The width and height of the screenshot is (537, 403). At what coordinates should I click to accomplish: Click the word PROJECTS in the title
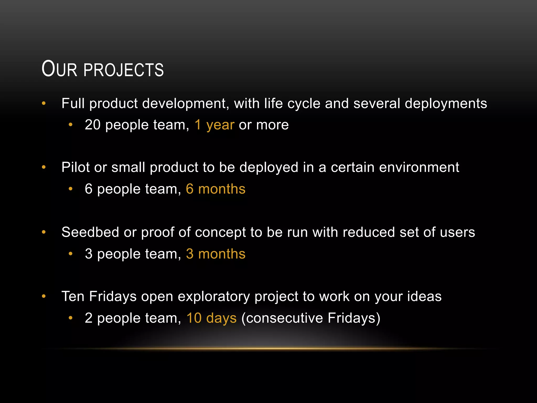(x=123, y=70)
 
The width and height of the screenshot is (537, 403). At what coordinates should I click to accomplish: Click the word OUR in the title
(x=59, y=69)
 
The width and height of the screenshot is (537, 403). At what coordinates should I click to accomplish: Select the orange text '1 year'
(x=214, y=125)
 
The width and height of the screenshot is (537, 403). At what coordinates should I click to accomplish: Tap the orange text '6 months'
(x=216, y=189)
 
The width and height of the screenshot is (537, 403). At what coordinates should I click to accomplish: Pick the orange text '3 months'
(x=216, y=254)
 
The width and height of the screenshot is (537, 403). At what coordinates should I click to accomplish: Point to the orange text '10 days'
(x=211, y=318)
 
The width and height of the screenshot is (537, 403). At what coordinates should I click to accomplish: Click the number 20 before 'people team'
(x=93, y=125)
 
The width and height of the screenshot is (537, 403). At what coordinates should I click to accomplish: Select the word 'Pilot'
(x=76, y=167)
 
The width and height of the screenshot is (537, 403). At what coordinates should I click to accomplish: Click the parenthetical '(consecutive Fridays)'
(x=311, y=318)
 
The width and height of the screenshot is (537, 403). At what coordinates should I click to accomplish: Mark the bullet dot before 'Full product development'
(x=44, y=103)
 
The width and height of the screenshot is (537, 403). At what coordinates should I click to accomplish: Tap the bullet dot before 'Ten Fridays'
(x=44, y=296)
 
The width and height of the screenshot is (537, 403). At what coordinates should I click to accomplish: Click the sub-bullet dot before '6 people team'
(x=70, y=189)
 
